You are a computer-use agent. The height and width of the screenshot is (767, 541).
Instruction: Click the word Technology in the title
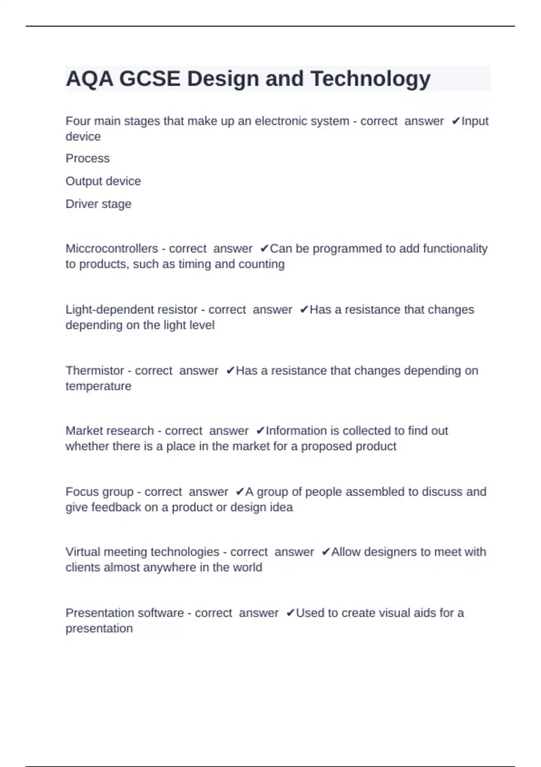[x=370, y=79]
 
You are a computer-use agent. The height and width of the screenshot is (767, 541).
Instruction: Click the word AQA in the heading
[x=89, y=79]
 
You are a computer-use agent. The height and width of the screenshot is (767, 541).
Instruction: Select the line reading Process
[x=87, y=158]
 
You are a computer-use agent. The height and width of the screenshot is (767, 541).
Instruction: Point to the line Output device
[x=103, y=181]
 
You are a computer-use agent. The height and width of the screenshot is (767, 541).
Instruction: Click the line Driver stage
[x=98, y=204]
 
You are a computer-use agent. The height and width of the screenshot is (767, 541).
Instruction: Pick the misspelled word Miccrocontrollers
[x=112, y=249]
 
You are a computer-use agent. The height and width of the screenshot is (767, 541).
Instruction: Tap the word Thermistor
[x=95, y=370]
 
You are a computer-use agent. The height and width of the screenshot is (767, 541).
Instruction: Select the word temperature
[x=98, y=386]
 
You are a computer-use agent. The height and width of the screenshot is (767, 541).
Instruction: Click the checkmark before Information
[x=260, y=431]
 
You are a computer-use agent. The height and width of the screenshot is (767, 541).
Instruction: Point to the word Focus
[x=81, y=492]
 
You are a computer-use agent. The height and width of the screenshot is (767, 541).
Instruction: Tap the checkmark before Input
[x=455, y=121]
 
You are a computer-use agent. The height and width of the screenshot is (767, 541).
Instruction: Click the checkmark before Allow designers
[x=326, y=552]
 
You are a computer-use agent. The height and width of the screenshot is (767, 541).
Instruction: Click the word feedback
[x=116, y=507]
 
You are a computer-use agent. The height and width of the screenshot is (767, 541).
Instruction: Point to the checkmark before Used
[x=290, y=613]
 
